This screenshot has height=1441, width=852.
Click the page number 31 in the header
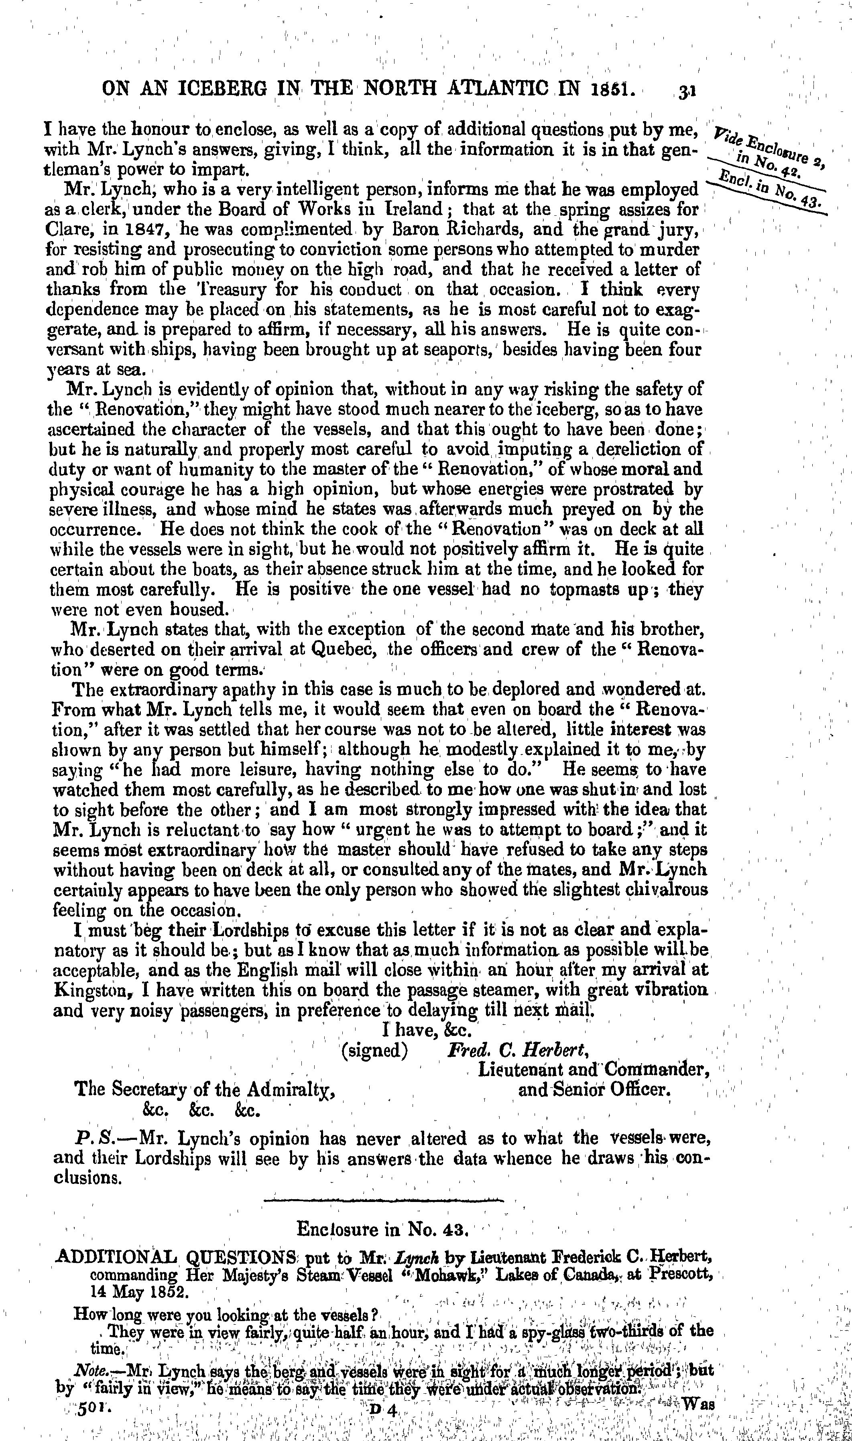687,92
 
